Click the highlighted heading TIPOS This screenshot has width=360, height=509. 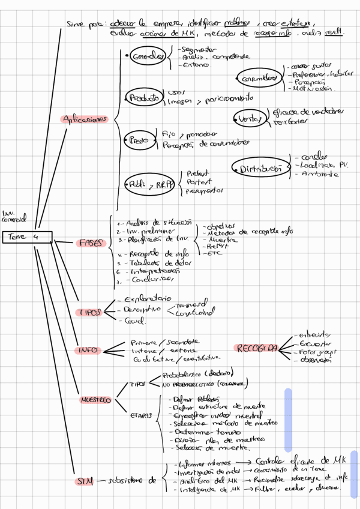(89, 312)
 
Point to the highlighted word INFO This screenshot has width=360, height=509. (88, 350)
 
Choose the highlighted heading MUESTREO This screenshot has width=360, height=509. (96, 400)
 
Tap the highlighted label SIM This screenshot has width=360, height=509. (84, 480)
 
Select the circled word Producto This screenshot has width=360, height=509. (144, 97)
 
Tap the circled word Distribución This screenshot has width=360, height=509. (260, 169)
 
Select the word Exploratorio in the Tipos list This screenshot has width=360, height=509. (147, 298)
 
